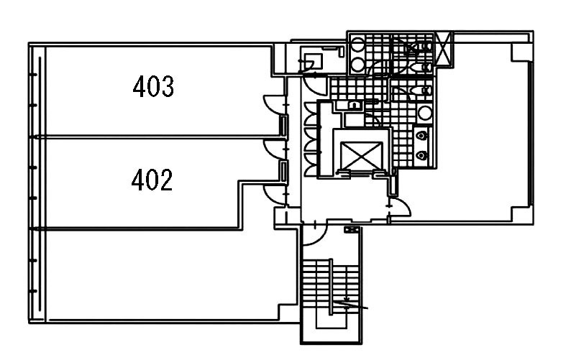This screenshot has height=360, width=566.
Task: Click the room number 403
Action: [153, 86]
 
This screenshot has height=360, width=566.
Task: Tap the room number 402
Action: [152, 180]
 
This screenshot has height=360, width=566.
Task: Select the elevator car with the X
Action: [361, 155]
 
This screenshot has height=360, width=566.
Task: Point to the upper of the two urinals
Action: [421, 136]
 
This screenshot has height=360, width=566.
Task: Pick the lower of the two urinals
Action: [421, 155]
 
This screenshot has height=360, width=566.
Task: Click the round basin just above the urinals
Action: [425, 113]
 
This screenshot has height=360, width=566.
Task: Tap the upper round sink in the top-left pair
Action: [357, 45]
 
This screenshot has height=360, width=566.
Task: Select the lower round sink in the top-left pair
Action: [357, 65]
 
